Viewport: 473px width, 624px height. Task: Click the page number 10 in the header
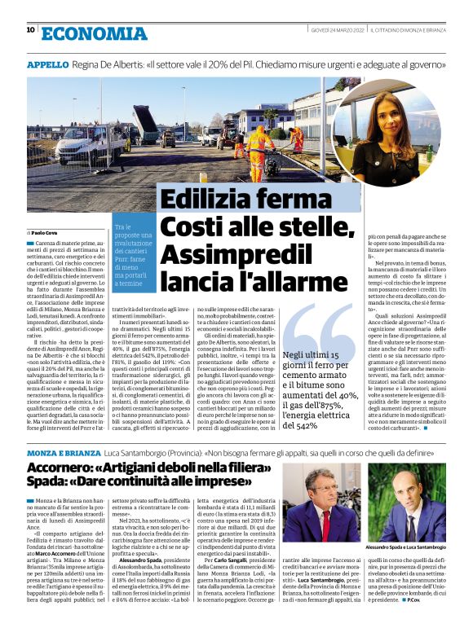click(x=30, y=30)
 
